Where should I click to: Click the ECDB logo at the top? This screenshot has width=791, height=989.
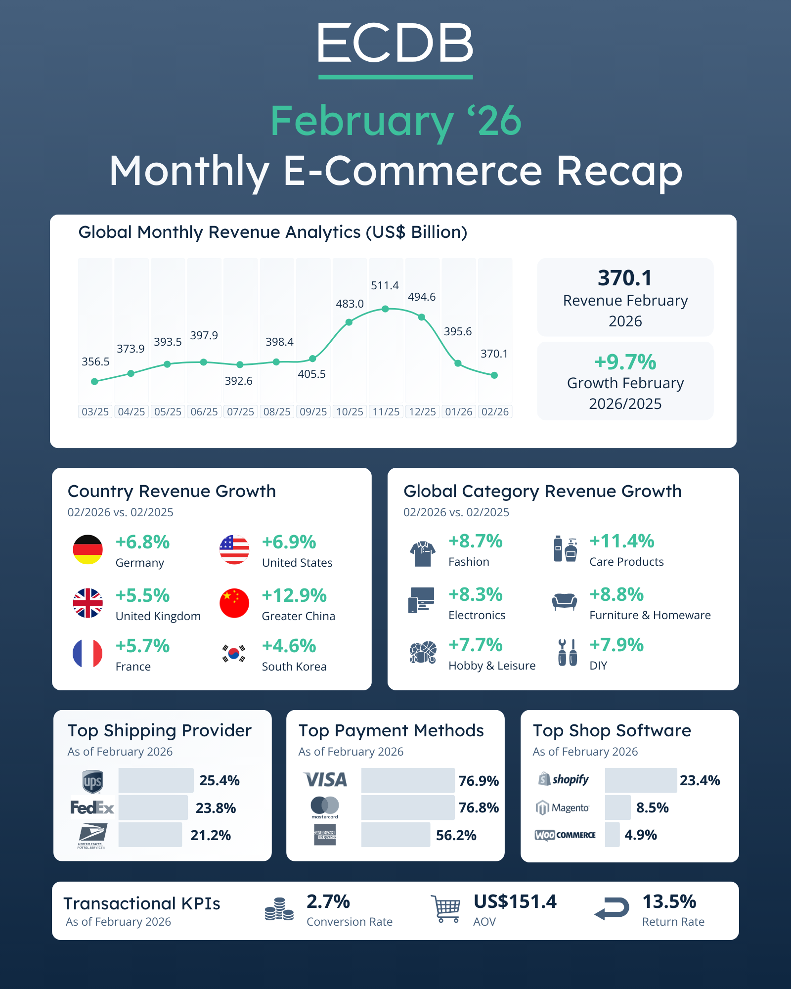pyautogui.click(x=395, y=44)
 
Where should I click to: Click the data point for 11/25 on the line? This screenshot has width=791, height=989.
pyautogui.click(x=386, y=309)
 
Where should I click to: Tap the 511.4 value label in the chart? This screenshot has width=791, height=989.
pyautogui.click(x=385, y=285)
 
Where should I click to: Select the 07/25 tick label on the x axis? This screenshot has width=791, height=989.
pyautogui.click(x=240, y=412)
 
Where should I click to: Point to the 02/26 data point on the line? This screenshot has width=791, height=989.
pyautogui.click(x=494, y=375)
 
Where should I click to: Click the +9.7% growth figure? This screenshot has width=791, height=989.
pyautogui.click(x=625, y=362)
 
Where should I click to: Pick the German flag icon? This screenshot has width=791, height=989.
pyautogui.click(x=88, y=549)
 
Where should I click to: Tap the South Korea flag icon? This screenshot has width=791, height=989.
pyautogui.click(x=234, y=653)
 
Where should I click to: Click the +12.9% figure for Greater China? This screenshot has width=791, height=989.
pyautogui.click(x=294, y=595)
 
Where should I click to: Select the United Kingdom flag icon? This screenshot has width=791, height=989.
pyautogui.click(x=88, y=603)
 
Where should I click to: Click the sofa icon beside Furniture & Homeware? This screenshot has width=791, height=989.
pyautogui.click(x=564, y=601)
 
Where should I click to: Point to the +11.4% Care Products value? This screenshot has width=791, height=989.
pyautogui.click(x=621, y=541)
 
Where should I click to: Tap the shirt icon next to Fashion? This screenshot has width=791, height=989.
pyautogui.click(x=422, y=553)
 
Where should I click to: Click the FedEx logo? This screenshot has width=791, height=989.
pyautogui.click(x=92, y=808)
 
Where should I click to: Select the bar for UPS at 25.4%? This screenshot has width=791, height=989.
pyautogui.click(x=156, y=780)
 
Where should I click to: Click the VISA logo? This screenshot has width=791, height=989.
pyautogui.click(x=325, y=780)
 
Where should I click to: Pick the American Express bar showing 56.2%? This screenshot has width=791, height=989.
pyautogui.click(x=395, y=835)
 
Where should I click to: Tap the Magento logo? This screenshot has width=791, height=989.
pyautogui.click(x=563, y=808)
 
